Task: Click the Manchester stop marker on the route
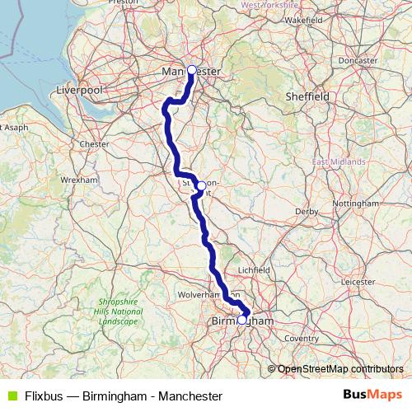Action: coord(192,70)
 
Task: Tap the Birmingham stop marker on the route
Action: coord(242,320)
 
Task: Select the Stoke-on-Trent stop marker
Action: coord(201,185)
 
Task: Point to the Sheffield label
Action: coord(307,96)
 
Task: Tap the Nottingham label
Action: coord(355,203)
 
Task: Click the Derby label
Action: coord(307,212)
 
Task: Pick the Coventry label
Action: coord(302,338)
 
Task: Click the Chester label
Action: coord(95,143)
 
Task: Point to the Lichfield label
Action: coord(254,269)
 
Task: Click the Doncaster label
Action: coord(357,60)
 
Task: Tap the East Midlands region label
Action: coord(339,162)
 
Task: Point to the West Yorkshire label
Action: coord(269,5)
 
